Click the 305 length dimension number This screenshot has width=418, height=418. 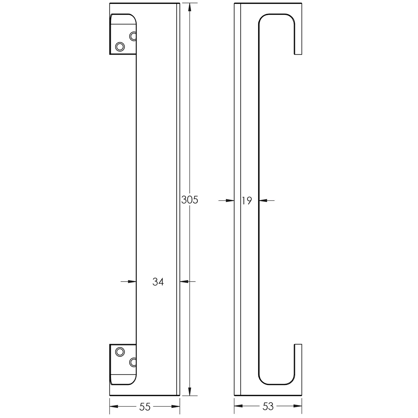click(x=189, y=200)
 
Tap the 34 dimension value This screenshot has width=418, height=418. click(x=158, y=282)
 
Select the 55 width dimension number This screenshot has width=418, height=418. click(x=145, y=407)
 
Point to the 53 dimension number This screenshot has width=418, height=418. click(x=268, y=407)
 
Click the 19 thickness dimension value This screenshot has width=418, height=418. click(x=247, y=201)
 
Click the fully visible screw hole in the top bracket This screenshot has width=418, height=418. click(x=120, y=46)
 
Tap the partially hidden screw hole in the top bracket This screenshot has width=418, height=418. click(x=133, y=36)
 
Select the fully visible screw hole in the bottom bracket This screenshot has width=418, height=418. click(x=120, y=352)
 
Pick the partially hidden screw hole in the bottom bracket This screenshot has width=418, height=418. click(x=133, y=362)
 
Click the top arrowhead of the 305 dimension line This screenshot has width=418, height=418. click(x=189, y=7)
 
